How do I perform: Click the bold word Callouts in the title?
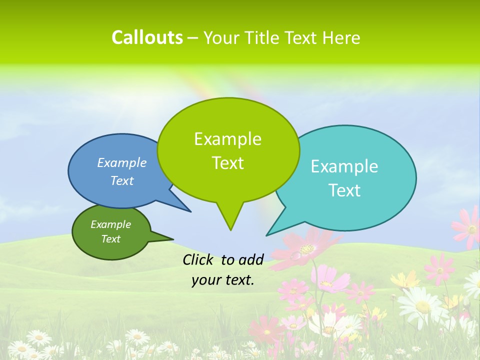147,37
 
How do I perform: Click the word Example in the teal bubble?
344,166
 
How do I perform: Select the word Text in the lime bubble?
228,163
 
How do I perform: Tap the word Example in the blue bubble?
122,162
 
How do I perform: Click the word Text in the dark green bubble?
111,239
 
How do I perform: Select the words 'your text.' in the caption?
223,280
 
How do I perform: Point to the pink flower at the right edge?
468,227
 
